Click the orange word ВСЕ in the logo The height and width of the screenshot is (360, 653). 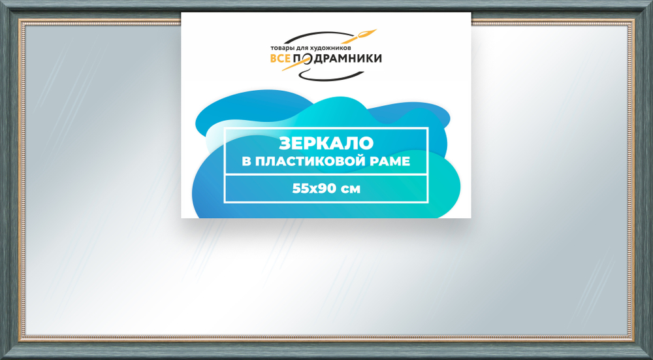(281, 59)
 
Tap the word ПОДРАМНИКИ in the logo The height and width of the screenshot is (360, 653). (339, 59)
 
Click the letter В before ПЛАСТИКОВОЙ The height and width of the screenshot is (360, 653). (246, 161)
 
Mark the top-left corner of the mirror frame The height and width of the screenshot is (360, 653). (3, 3)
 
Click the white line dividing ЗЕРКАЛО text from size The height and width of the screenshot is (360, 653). (326, 174)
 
